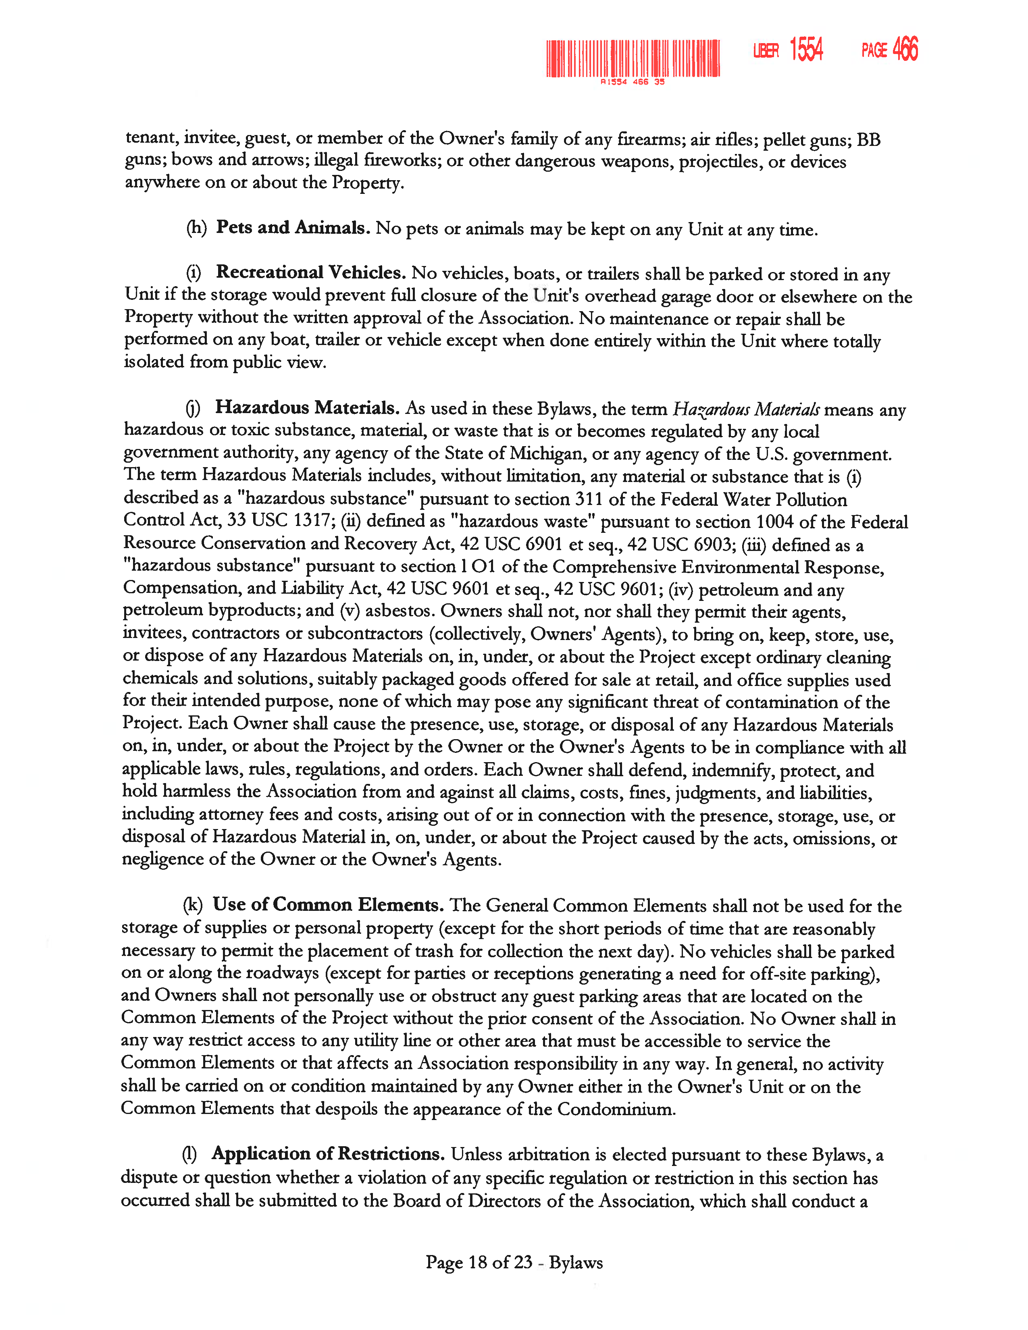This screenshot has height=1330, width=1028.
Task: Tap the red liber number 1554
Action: [x=806, y=49]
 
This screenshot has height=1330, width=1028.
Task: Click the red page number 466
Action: [x=905, y=49]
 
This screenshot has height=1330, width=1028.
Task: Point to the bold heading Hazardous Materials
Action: [x=307, y=407]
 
